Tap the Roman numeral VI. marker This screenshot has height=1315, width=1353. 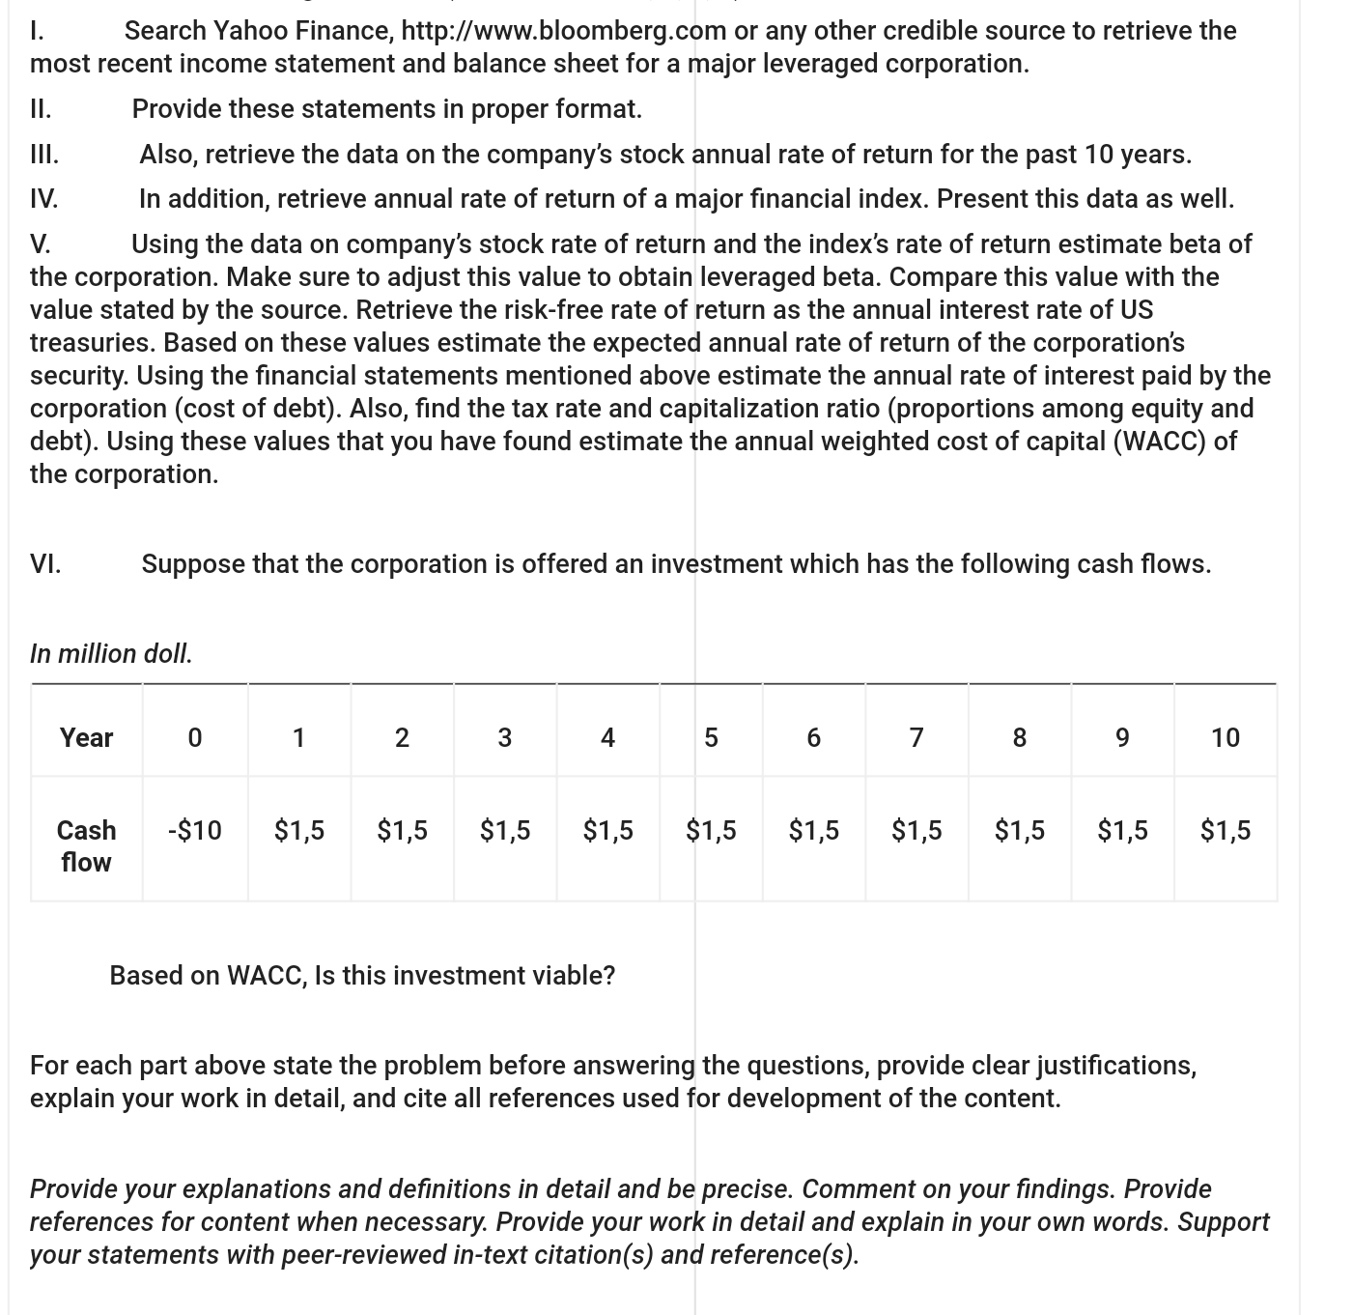point(45,564)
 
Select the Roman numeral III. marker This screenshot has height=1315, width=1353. point(44,155)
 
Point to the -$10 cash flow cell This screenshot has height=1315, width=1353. point(194,831)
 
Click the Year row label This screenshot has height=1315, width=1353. point(86,738)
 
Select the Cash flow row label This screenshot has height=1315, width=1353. point(86,846)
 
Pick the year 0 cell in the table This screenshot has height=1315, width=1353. point(194,738)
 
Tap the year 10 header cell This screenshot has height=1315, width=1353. point(1225,738)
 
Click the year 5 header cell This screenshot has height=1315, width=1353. point(711,738)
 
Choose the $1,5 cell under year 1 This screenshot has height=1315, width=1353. point(299,831)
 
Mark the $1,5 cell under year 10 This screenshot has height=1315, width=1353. point(1225,831)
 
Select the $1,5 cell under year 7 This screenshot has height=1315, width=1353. point(916,831)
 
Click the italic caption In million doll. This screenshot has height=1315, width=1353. point(111,654)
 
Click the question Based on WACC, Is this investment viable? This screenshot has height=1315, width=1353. point(362,976)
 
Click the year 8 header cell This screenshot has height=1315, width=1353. point(1019,738)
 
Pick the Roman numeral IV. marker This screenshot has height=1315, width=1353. point(43,199)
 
